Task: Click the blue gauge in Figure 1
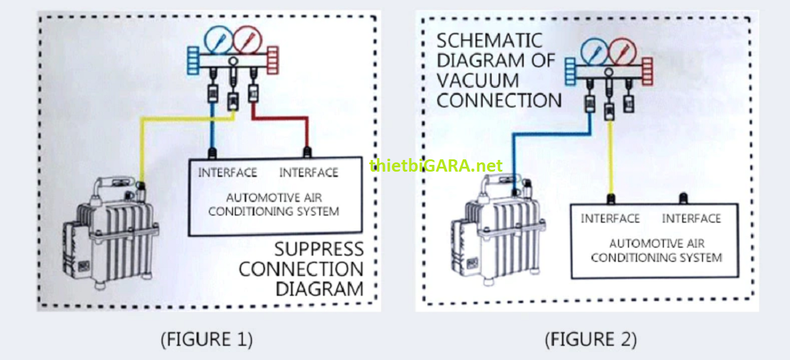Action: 217,40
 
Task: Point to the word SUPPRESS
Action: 318,249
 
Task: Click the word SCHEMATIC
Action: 489,41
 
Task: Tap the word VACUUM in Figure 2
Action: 478,80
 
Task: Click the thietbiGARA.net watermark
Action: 436,165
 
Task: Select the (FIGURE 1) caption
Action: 206,339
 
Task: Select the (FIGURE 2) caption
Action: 590,339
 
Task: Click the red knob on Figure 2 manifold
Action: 647,70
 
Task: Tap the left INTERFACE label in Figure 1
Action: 227,173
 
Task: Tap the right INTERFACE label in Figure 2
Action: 691,219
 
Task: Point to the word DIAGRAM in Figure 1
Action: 318,288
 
